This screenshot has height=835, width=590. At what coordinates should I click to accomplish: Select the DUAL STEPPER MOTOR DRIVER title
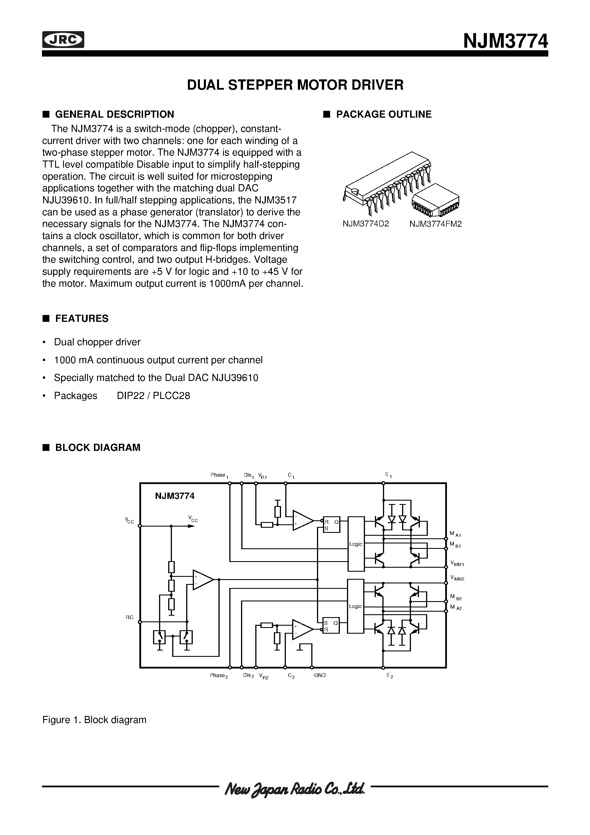point(295,85)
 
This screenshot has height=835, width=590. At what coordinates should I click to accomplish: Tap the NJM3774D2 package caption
point(366,224)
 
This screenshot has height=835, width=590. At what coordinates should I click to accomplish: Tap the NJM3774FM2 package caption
point(436,224)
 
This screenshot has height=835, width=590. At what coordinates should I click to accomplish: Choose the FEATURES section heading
point(81,319)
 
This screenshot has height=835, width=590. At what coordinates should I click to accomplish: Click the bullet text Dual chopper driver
point(97,342)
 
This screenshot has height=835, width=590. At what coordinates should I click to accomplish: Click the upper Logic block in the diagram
point(356,544)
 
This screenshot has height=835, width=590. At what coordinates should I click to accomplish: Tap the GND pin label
point(320,675)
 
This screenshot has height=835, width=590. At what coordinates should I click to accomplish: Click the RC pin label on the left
point(129,617)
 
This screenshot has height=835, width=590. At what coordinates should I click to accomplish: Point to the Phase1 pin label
point(219,475)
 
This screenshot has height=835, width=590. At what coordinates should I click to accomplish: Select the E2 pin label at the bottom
point(390,676)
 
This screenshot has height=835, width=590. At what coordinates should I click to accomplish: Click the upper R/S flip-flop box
point(331,524)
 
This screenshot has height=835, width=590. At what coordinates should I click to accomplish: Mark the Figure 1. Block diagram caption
point(94,720)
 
